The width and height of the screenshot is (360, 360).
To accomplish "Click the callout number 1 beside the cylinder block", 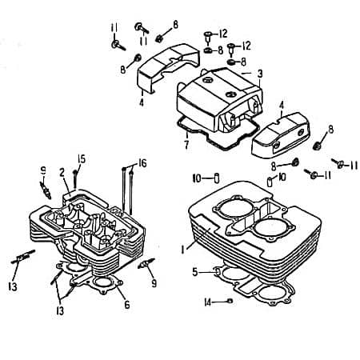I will (182, 249).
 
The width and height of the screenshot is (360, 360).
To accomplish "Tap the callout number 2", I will (62, 172).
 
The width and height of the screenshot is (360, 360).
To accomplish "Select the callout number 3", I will (260, 74).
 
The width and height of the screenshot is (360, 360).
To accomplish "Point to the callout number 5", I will (194, 272).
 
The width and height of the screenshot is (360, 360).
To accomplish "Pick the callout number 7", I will (185, 146).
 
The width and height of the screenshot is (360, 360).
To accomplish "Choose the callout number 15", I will (82, 158).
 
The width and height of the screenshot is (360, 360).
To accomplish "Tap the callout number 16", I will (143, 162).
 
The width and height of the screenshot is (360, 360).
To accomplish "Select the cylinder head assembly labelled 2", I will (88, 228).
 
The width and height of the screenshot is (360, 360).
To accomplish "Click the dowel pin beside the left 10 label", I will (215, 176).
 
